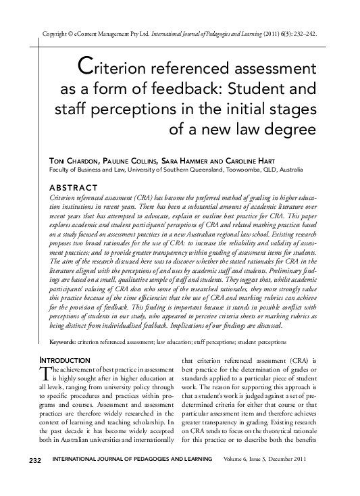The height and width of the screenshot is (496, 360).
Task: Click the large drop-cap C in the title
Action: point(85,67)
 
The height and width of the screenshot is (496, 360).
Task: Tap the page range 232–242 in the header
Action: point(304,33)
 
